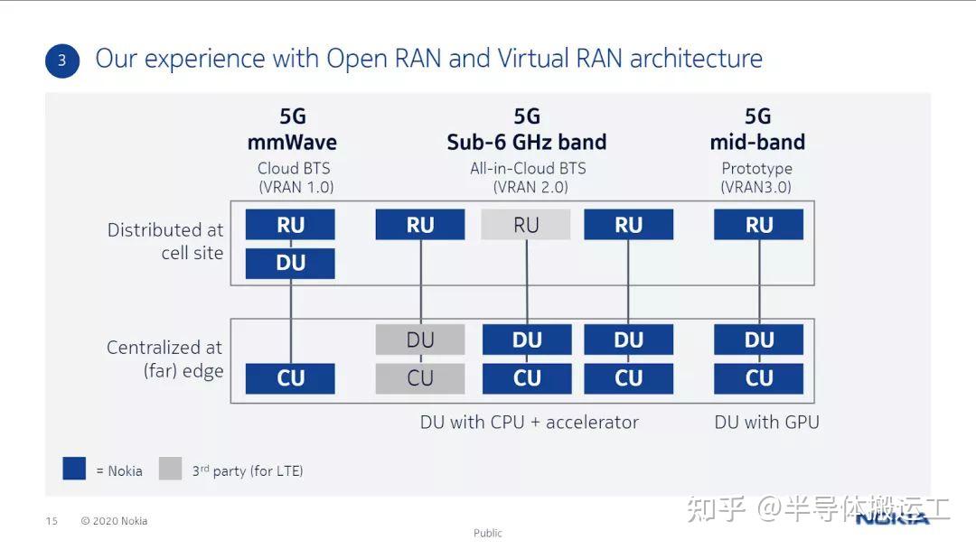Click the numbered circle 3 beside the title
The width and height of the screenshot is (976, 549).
pos(62,60)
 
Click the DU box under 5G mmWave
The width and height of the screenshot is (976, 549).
pos(290,264)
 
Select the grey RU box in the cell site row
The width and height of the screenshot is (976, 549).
pos(526,225)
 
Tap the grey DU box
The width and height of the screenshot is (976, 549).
pos(420,340)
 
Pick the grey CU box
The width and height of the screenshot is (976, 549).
pos(420,378)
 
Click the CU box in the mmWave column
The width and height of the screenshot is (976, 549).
pos(290,378)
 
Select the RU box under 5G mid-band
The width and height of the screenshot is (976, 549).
pos(758,225)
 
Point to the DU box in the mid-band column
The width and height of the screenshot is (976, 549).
pos(758,340)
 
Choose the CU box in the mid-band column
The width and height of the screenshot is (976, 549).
pos(758,378)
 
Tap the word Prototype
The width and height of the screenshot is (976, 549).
pos(756,168)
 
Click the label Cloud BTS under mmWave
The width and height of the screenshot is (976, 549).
pos(294,168)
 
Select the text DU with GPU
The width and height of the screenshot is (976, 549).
pos(766,422)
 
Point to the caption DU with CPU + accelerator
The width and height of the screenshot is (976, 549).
pos(529,422)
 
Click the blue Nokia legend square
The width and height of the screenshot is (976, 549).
pos(74,469)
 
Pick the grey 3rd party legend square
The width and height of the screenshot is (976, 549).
pos(170,469)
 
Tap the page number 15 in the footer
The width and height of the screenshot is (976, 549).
pos(52,521)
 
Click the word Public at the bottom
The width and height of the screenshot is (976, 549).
pos(487,533)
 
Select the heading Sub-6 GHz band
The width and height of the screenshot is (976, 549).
pos(526,142)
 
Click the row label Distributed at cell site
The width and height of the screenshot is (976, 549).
pos(164,241)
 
